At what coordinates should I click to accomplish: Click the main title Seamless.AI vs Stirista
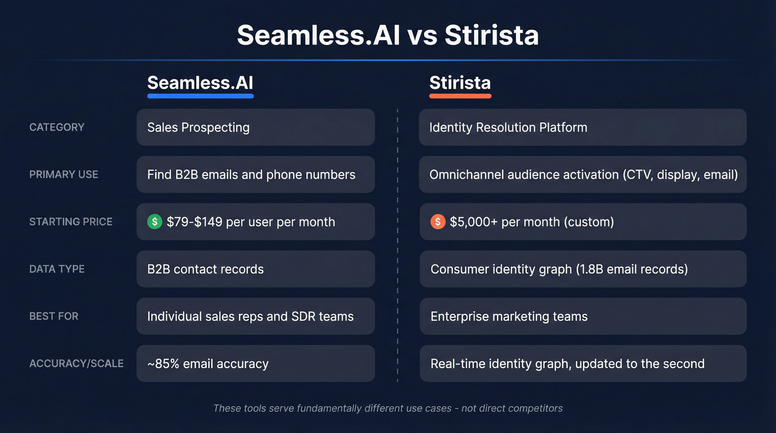click(x=387, y=35)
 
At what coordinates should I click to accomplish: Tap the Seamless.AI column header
click(x=200, y=83)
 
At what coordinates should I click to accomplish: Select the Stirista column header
click(x=460, y=83)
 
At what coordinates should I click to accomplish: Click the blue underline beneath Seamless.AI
click(x=200, y=96)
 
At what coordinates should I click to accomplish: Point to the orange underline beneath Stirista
click(x=460, y=96)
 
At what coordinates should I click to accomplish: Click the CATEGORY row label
click(x=57, y=127)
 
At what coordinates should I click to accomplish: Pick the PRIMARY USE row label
click(x=63, y=174)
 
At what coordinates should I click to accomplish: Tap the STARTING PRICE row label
click(x=70, y=222)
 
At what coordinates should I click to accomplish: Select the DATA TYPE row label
click(x=57, y=269)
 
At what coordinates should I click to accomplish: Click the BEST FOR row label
click(x=54, y=316)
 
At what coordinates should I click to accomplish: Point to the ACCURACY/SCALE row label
click(x=76, y=364)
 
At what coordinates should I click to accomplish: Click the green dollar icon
click(x=155, y=222)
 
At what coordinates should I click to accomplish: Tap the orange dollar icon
click(x=437, y=222)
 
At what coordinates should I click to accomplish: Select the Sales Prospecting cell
click(x=256, y=127)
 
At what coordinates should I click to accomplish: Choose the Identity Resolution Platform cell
click(x=583, y=127)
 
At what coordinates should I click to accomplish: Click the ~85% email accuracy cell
click(x=256, y=364)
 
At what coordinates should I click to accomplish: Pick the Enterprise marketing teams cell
click(x=583, y=317)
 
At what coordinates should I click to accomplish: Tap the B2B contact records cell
click(x=256, y=269)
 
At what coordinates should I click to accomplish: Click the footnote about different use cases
click(x=388, y=408)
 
